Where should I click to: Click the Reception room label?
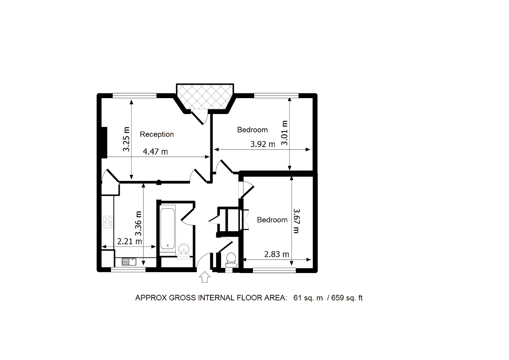point(157,134)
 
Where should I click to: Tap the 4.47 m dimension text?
point(155,151)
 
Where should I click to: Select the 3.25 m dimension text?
point(126,139)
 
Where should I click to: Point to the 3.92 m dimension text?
point(263,144)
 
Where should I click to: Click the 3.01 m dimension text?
point(284,133)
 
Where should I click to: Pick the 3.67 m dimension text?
point(297,221)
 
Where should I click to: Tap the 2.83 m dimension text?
point(276,254)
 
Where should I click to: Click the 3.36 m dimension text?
point(138,224)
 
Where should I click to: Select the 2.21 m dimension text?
point(130,241)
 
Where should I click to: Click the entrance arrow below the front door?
point(205,277)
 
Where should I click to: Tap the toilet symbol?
point(231,260)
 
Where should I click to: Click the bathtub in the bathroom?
point(168,229)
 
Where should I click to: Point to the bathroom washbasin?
point(184,249)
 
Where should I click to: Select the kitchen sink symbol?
point(129,262)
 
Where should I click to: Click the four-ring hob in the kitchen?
point(108,222)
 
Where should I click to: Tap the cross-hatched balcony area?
point(205,96)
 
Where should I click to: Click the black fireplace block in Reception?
point(104,142)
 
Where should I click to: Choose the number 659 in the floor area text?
point(338,298)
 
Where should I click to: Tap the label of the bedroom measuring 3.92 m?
point(253,130)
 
